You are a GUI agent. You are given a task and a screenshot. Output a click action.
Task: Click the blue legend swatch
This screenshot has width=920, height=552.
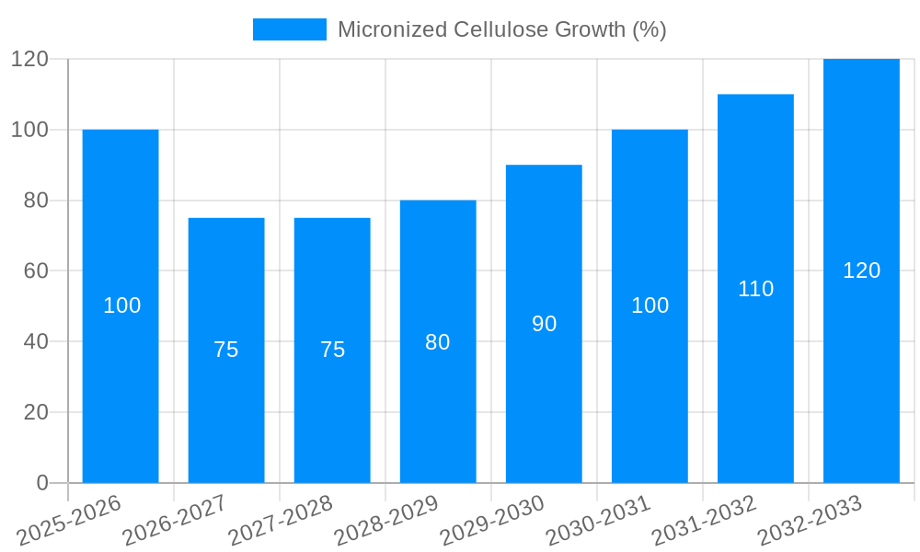coord(289,29)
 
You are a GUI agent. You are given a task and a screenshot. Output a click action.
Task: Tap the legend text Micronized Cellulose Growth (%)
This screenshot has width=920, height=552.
coord(501,29)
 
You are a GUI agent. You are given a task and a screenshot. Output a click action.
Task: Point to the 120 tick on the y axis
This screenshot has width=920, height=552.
coord(29,59)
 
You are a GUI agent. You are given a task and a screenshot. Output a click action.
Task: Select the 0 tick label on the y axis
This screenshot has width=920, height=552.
coord(41,483)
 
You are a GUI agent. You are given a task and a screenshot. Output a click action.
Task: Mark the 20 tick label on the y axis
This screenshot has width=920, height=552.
coord(36,412)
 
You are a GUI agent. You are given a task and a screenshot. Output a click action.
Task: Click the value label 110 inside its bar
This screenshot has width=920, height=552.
coord(755,289)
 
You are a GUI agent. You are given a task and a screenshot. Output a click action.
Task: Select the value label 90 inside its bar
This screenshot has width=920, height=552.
coord(544,324)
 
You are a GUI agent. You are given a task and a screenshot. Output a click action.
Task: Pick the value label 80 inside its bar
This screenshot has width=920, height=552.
coord(438,342)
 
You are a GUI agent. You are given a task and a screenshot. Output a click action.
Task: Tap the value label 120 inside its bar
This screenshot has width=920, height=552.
coord(861,270)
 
